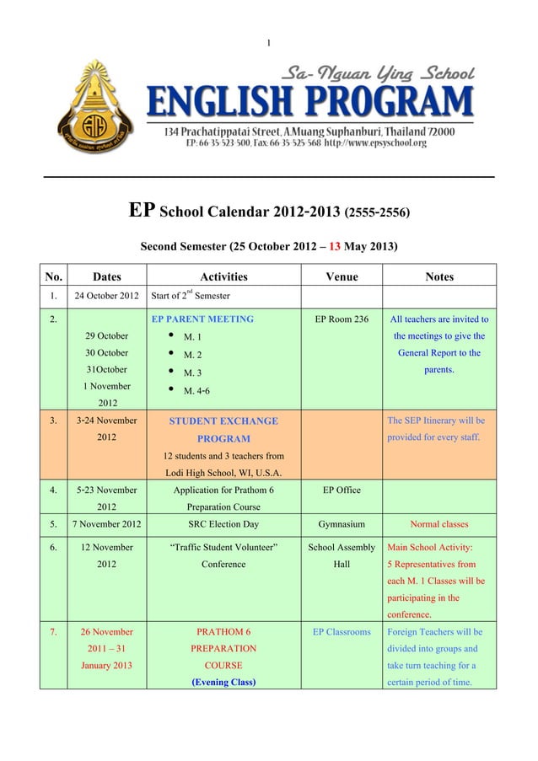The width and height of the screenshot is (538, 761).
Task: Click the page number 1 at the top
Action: (x=268, y=42)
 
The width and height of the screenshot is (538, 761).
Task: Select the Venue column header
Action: (x=342, y=276)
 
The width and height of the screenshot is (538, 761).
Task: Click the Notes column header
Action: (x=439, y=276)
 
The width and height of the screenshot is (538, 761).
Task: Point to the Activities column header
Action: (x=223, y=276)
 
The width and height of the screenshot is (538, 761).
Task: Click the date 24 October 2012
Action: (x=106, y=296)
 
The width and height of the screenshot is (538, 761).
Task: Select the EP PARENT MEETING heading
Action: (x=202, y=319)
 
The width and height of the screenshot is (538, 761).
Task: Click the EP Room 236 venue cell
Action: (x=342, y=319)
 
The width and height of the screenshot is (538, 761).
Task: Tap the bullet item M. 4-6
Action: (x=198, y=391)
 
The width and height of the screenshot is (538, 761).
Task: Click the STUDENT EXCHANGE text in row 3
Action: (x=223, y=421)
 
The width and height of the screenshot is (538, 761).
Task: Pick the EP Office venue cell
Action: (x=342, y=489)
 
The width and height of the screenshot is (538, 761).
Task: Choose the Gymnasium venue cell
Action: (x=342, y=523)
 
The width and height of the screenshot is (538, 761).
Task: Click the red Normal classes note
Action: (x=439, y=523)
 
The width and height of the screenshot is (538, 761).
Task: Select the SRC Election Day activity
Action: (x=223, y=523)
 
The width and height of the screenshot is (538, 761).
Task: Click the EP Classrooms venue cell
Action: (x=342, y=631)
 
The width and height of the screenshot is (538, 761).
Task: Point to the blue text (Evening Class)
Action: (x=223, y=682)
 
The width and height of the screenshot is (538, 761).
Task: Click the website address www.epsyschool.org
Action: (x=379, y=143)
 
